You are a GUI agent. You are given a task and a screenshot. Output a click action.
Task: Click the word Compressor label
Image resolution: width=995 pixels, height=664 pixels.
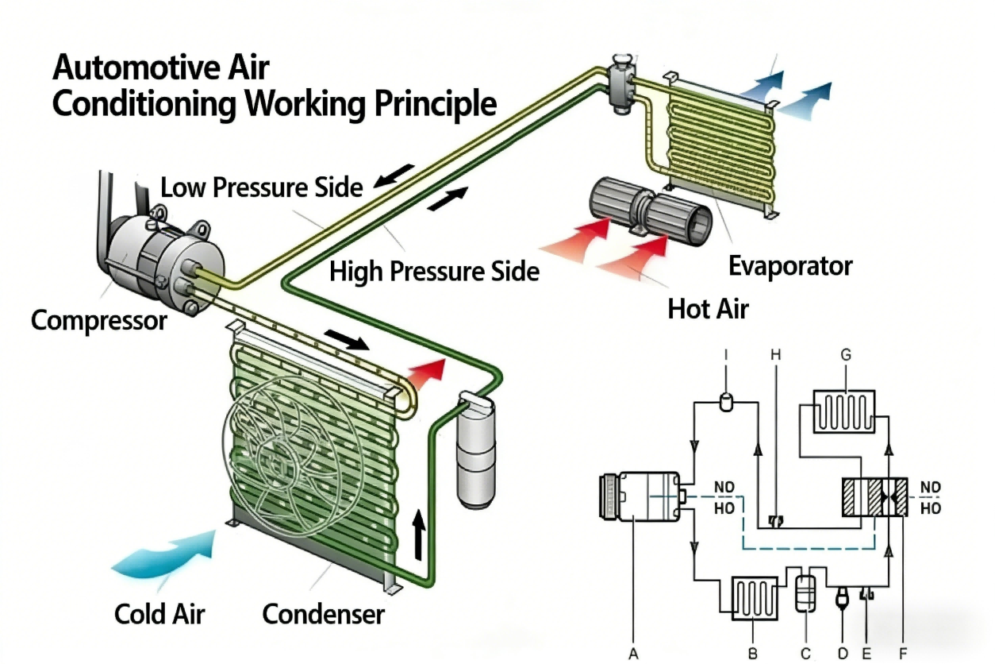(99, 321)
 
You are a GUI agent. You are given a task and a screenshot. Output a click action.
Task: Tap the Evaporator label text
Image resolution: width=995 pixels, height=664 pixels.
(790, 266)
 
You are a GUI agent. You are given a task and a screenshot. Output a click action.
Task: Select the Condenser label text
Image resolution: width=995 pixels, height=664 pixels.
(323, 614)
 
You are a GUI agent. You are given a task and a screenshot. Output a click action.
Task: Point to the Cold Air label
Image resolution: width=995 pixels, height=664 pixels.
(159, 614)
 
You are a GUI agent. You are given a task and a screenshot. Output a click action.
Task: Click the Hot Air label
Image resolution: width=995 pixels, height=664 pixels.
(708, 308)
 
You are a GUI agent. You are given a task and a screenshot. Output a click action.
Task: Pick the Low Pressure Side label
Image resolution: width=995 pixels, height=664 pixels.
(261, 188)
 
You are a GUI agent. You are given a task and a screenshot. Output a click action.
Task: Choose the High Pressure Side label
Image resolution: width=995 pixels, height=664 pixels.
(434, 272)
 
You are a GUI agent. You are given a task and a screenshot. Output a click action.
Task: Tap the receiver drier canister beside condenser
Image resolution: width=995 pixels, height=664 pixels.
(475, 452)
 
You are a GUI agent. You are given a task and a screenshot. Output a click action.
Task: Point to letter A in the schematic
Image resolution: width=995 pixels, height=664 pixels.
(633, 654)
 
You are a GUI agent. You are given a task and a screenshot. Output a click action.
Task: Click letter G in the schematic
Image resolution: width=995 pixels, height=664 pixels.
(846, 355)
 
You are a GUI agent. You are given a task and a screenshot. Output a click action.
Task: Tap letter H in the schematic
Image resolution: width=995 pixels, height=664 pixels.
(775, 355)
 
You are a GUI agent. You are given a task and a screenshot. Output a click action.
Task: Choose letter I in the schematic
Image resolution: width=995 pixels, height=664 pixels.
(725, 355)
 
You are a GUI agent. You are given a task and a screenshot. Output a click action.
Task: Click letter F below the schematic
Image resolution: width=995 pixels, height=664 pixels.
(902, 654)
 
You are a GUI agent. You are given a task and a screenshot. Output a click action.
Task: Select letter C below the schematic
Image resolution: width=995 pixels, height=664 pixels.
(805, 654)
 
